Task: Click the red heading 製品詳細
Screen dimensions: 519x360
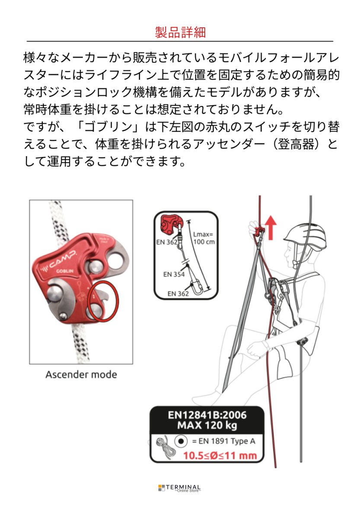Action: coord(180,32)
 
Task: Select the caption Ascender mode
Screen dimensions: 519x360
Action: coord(81,374)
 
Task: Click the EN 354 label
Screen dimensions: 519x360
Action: coord(174,274)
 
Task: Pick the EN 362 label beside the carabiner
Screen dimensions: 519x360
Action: coord(178,293)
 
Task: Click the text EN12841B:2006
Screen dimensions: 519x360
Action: coord(207,415)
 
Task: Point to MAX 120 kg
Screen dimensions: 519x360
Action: coord(207,426)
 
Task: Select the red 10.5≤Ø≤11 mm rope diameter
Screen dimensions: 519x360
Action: coord(220,455)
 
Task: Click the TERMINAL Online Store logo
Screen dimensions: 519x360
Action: coord(179,488)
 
